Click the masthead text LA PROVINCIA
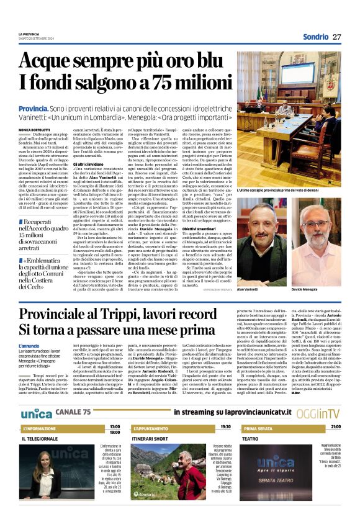click(29, 34)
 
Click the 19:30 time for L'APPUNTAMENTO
click(225, 427)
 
